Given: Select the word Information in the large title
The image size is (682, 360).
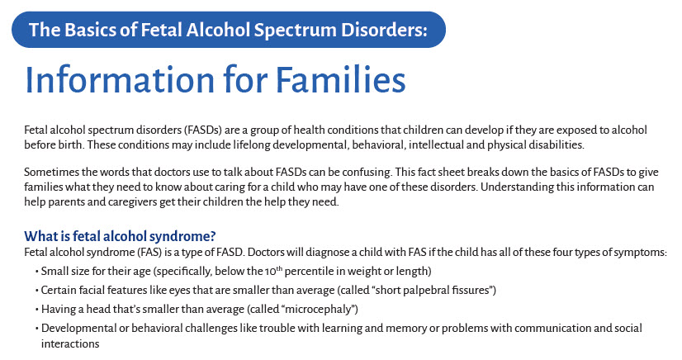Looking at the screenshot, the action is pyautogui.click(x=120, y=80).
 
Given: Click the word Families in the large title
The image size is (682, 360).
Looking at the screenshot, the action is pyautogui.click(x=340, y=80).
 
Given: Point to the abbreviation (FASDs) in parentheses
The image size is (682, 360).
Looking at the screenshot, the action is pyautogui.click(x=203, y=130).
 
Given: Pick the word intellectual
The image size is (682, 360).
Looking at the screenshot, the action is pyautogui.click(x=436, y=144).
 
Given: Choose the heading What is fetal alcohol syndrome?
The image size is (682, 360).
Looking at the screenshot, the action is pyautogui.click(x=120, y=236).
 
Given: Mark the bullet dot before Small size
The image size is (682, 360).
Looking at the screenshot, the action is pyautogui.click(x=37, y=272).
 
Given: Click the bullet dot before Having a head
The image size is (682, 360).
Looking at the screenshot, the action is pyautogui.click(x=37, y=310).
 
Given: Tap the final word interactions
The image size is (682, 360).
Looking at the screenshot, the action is pyautogui.click(x=70, y=344).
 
